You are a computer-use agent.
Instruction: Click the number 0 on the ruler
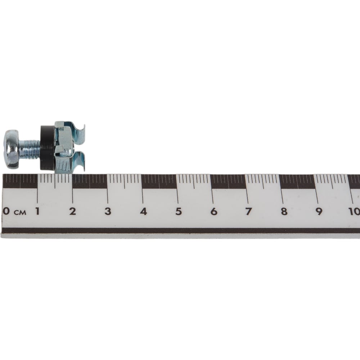pos(6,211)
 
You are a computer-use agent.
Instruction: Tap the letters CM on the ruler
pos(20,212)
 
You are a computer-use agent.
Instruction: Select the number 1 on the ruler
pos(37,211)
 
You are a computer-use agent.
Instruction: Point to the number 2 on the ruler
pos(73,211)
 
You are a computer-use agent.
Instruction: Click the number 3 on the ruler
pos(108,211)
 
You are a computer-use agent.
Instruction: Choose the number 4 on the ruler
pos(144,211)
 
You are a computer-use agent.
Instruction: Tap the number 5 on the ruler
pos(179,211)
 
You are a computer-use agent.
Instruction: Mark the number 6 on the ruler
pos(214,211)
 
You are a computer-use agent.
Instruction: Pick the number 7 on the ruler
pos(248,211)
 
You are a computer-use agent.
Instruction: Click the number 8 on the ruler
pos(284,211)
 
